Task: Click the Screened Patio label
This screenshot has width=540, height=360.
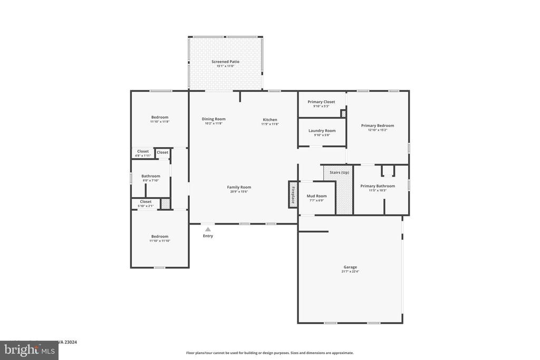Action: point(225,62)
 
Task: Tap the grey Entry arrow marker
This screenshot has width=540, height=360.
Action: point(208,229)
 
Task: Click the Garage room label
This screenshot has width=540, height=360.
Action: point(350,267)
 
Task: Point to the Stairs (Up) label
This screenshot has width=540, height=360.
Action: point(339,172)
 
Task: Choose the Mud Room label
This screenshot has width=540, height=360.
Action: point(316,196)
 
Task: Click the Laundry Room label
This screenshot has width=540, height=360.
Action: point(322,131)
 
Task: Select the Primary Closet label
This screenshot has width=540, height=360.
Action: point(321,102)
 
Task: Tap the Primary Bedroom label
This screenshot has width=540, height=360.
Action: point(377,125)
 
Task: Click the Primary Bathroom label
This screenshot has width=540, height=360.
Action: point(377,186)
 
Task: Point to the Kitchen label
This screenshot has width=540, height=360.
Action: point(269,120)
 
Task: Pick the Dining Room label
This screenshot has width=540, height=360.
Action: point(214,119)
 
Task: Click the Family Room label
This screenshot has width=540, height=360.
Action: point(239,187)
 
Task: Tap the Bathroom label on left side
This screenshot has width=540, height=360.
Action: point(150,176)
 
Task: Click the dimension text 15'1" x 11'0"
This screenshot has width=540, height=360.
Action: point(225,66)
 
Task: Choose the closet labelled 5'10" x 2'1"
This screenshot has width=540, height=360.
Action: point(146,203)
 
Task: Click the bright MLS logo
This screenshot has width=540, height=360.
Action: point(29,350)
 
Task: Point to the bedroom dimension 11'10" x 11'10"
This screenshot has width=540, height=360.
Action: point(160,241)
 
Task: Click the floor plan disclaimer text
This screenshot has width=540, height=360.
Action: point(269,353)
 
